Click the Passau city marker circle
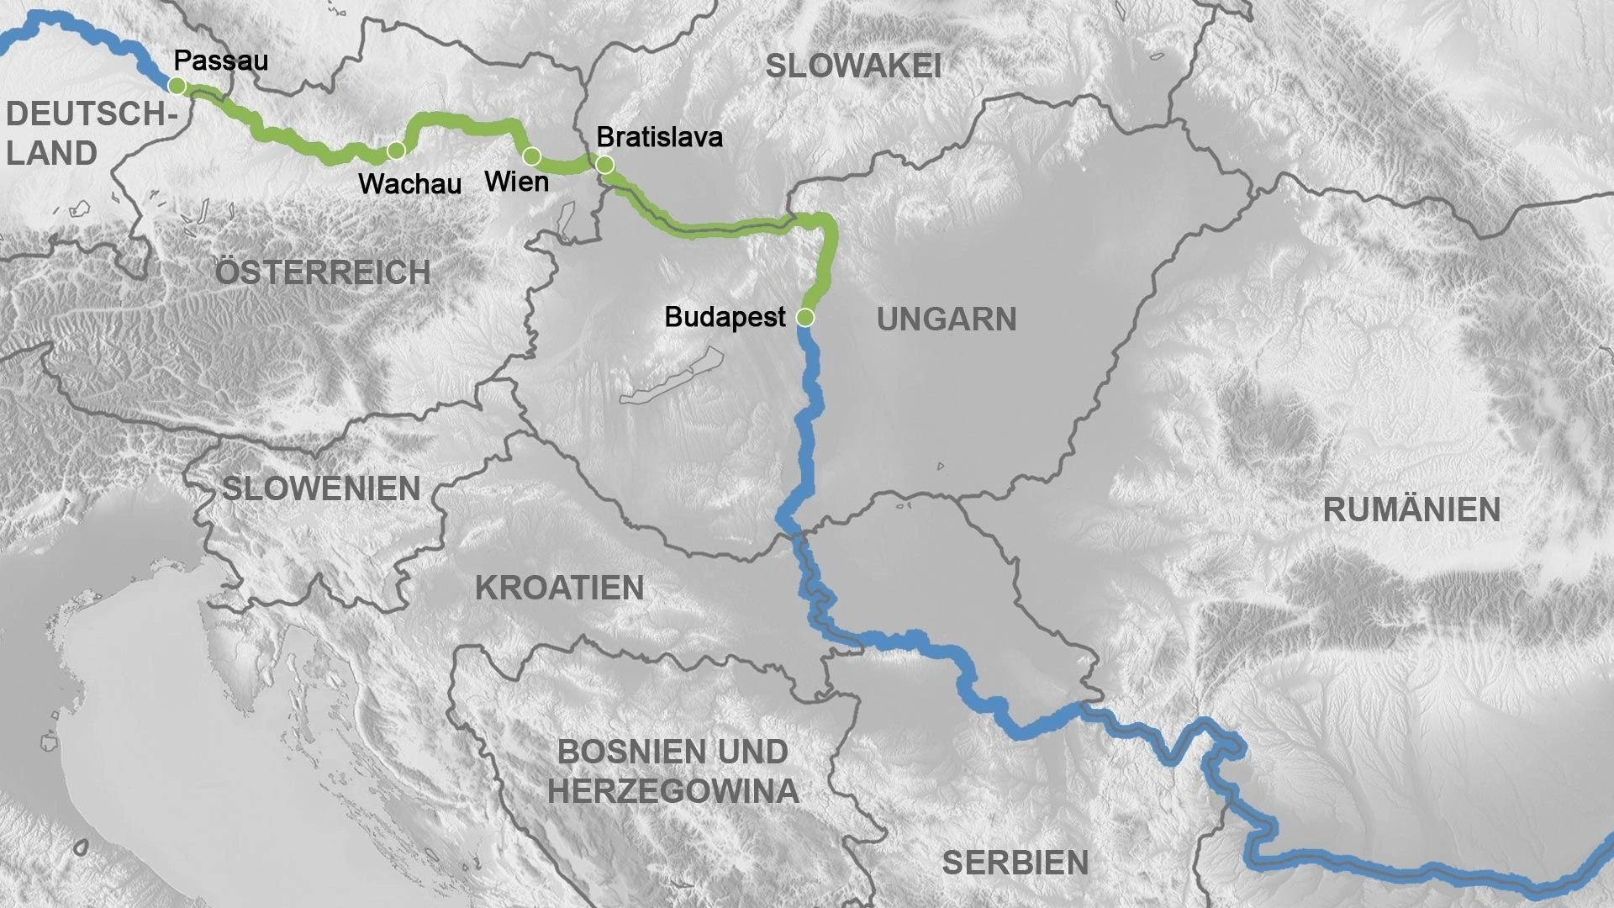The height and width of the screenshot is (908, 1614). pyautogui.click(x=177, y=86)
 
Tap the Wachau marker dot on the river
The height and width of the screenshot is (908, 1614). pyautogui.click(x=396, y=150)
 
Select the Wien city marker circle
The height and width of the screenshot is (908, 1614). pyautogui.click(x=531, y=156)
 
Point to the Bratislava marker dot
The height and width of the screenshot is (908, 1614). pyautogui.click(x=604, y=165)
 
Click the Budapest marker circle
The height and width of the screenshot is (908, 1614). pyautogui.click(x=804, y=318)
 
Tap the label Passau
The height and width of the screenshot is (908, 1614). pyautogui.click(x=220, y=61)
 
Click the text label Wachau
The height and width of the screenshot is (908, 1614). pyautogui.click(x=410, y=184)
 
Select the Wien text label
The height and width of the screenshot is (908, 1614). pyautogui.click(x=517, y=182)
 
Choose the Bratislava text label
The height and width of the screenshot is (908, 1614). pyautogui.click(x=659, y=137)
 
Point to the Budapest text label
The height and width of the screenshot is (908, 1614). pyautogui.click(x=725, y=317)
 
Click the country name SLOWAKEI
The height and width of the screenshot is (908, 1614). pyautogui.click(x=852, y=66)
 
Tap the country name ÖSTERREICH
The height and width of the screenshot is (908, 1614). pyautogui.click(x=323, y=272)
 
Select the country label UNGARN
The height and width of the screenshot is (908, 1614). pyautogui.click(x=947, y=319)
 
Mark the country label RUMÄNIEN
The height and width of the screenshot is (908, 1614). pyautogui.click(x=1411, y=510)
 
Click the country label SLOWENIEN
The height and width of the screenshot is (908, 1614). pyautogui.click(x=321, y=488)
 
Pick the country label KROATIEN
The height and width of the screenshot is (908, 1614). pyautogui.click(x=560, y=589)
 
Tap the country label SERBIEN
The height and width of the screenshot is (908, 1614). pyautogui.click(x=1015, y=863)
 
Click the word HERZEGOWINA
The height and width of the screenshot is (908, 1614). pyautogui.click(x=672, y=791)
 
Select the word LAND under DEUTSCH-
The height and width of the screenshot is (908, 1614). pyautogui.click(x=52, y=154)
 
